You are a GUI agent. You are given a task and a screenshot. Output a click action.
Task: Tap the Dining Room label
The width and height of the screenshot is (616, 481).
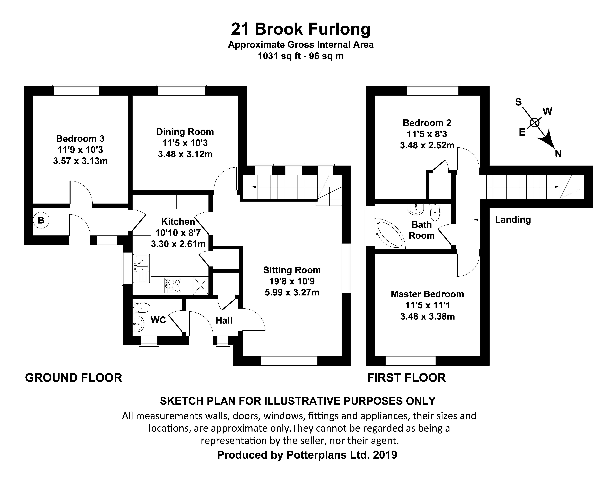click(185, 132)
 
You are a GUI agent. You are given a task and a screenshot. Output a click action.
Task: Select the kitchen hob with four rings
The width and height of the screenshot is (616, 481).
click(173, 285)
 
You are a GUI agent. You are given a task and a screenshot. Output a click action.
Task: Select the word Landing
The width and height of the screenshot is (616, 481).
click(513, 219)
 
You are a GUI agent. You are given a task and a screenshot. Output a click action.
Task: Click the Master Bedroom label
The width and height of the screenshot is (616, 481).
click(427, 294)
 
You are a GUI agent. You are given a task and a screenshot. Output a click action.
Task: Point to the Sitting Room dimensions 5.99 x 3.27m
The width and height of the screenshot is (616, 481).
click(292, 292)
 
